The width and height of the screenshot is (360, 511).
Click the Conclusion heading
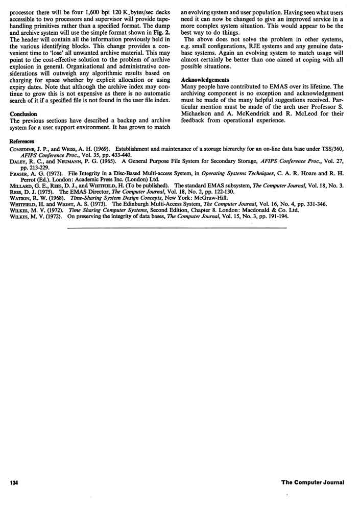(x=23, y=114)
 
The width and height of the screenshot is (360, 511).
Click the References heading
(x=22, y=141)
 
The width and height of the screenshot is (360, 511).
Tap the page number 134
(x=13, y=482)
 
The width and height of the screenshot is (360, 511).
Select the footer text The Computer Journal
(x=313, y=482)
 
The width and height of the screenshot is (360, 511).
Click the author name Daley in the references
(x=19, y=161)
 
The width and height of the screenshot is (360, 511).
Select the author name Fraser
(x=20, y=174)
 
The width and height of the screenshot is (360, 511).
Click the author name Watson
(x=21, y=197)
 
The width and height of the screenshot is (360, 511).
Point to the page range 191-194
(x=281, y=216)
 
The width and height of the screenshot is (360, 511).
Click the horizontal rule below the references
(x=176, y=227)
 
